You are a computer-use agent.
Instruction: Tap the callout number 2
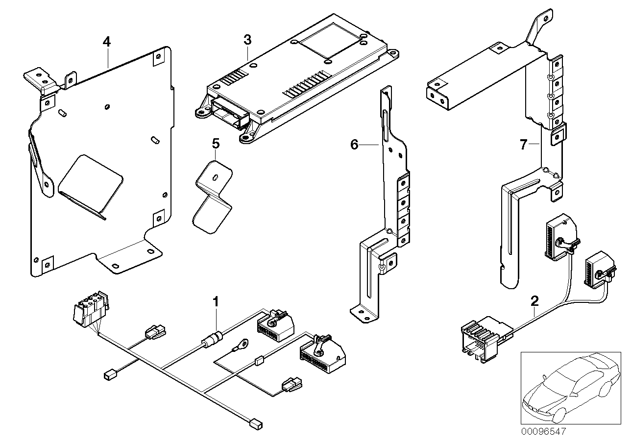tap(534, 300)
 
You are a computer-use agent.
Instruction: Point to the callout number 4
tap(106, 41)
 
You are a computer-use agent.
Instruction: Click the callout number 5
tap(216, 144)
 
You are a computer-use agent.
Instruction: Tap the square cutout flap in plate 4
tap(91, 184)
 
